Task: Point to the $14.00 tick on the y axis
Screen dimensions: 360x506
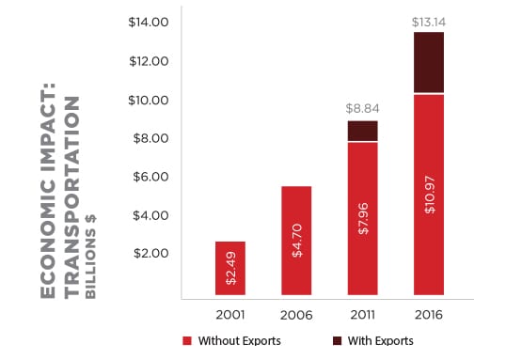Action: pyautogui.click(x=148, y=22)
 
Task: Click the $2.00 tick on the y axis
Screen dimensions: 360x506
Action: pyautogui.click(x=150, y=254)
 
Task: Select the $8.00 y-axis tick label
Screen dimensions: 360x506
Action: pyautogui.click(x=150, y=138)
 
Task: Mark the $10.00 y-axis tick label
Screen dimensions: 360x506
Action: pyautogui.click(x=148, y=100)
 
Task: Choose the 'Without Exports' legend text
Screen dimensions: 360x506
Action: pyautogui.click(x=240, y=340)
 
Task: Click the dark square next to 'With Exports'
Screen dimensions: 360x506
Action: pyautogui.click(x=337, y=340)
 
